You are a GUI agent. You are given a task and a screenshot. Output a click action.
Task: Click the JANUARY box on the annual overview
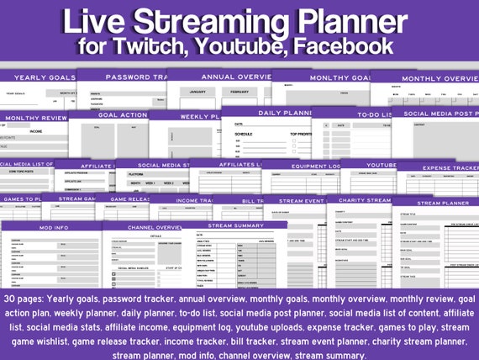(198, 92)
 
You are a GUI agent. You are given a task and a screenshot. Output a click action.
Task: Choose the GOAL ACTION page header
(123, 115)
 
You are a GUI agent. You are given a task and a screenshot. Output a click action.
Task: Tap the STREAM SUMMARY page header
(234, 225)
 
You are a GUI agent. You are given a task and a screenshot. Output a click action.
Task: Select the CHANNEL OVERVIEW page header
(150, 227)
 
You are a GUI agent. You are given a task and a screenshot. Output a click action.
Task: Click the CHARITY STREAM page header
(361, 200)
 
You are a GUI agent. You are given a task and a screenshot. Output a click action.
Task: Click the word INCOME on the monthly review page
(35, 130)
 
